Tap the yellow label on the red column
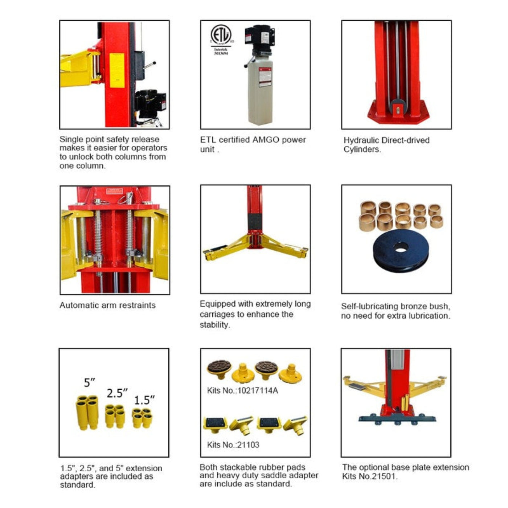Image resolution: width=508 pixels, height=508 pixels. [117, 70]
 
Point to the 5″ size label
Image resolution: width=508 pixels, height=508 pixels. [89, 382]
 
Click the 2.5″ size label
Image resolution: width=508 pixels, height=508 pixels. [117, 393]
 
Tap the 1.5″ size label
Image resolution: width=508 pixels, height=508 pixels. [144, 400]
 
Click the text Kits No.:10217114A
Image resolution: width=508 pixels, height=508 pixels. [242, 391]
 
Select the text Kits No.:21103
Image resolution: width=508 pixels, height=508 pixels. [233, 445]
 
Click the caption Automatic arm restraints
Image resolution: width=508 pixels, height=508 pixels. [107, 305]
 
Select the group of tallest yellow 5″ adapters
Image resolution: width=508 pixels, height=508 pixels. [87, 412]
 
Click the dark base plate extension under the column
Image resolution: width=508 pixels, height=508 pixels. [397, 419]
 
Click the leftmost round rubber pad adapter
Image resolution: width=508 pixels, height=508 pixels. [219, 369]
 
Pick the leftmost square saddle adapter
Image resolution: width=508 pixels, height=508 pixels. [215, 423]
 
